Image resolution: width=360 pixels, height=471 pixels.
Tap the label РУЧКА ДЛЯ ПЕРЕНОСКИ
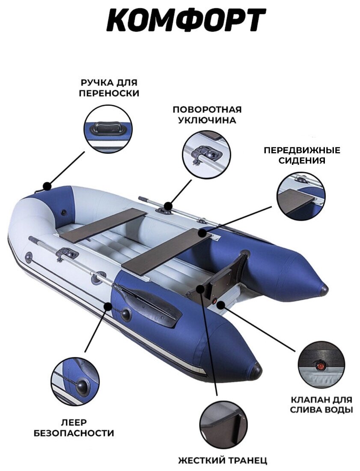click(109, 88)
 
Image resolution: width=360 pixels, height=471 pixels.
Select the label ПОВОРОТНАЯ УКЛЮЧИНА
click(207, 115)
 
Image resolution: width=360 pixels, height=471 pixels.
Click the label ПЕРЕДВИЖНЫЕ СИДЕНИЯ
click(302, 155)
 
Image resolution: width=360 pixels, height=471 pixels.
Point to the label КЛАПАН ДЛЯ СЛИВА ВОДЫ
click(321, 405)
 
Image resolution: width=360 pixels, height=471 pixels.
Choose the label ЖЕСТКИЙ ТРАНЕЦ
click(223, 461)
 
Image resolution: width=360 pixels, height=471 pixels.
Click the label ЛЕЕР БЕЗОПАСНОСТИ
click(74, 428)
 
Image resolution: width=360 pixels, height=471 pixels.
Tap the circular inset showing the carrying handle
click(108, 129)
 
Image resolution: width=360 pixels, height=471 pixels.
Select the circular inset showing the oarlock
click(206, 155)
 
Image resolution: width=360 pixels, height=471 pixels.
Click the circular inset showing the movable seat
click(301, 196)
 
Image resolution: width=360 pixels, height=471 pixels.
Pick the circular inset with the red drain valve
click(321, 364)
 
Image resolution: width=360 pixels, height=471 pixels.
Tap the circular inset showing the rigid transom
click(223, 424)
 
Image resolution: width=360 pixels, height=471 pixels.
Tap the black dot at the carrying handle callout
click(47, 187)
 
